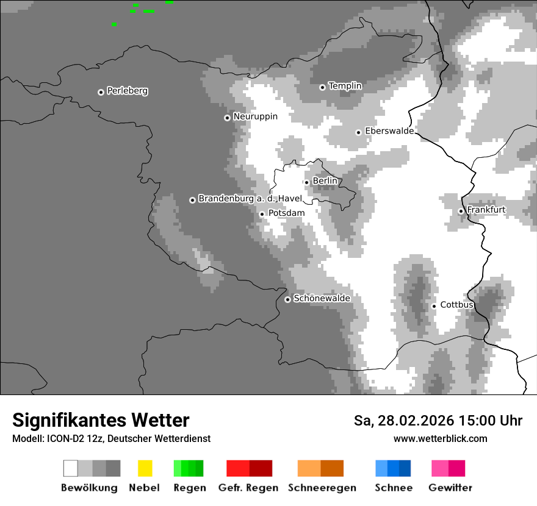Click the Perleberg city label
pyautogui.click(x=127, y=91)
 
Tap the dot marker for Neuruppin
pyautogui.click(x=227, y=118)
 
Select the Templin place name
pyautogui.click(x=345, y=86)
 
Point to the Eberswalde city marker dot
pyautogui.click(x=359, y=132)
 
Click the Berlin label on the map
pyautogui.click(x=325, y=181)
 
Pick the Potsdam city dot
pyautogui.click(x=262, y=214)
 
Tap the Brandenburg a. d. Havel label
pyautogui.click(x=250, y=199)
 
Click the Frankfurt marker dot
pyautogui.click(x=461, y=212)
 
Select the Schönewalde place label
pyautogui.click(x=322, y=299)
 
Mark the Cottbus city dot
pyautogui.click(x=434, y=306)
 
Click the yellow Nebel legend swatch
pyautogui.click(x=145, y=468)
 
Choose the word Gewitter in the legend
pyautogui.click(x=450, y=488)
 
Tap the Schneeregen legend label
pyautogui.click(x=322, y=488)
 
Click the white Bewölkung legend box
pyautogui.click(x=70, y=468)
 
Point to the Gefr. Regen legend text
pyautogui.click(x=248, y=488)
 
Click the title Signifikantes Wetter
pyautogui.click(x=101, y=420)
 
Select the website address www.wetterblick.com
pyautogui.click(x=440, y=438)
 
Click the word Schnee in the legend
pyautogui.click(x=394, y=488)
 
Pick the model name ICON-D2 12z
pyautogui.click(x=76, y=438)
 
